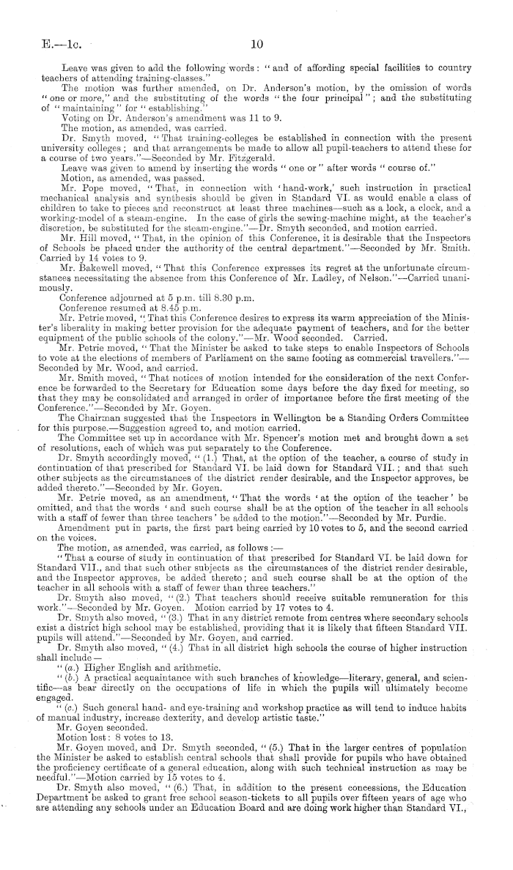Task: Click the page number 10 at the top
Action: pos(256,43)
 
